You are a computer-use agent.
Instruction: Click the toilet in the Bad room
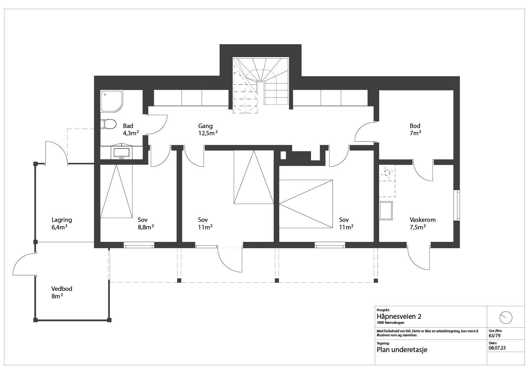(108, 124)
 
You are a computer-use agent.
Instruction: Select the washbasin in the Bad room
(121, 152)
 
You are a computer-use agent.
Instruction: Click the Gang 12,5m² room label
(208, 130)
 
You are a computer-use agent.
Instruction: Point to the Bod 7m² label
(415, 130)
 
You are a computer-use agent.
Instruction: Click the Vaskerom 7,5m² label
(423, 223)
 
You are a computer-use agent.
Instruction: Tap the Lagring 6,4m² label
(62, 223)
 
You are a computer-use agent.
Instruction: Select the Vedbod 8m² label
(62, 292)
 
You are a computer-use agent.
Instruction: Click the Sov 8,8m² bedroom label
(146, 223)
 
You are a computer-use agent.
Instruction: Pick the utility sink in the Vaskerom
(386, 211)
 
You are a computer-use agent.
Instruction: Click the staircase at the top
(260, 85)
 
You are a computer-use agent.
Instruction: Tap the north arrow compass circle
(506, 318)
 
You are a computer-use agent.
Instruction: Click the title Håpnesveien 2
(399, 317)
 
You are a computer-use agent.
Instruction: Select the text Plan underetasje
(402, 350)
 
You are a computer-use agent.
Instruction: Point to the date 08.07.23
(497, 348)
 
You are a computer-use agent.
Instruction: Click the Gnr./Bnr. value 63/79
(494, 335)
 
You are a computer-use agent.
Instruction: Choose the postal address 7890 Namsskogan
(390, 323)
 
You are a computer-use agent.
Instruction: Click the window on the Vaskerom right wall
(458, 206)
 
